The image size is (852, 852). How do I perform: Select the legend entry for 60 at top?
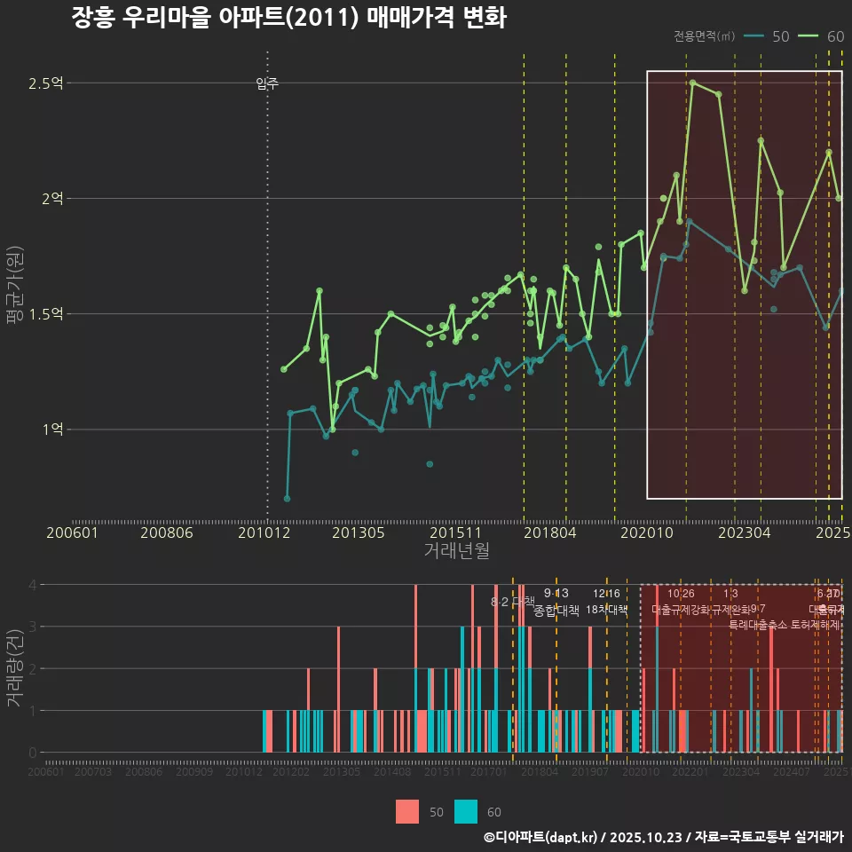[822, 36]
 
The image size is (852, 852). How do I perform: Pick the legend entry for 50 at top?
[767, 36]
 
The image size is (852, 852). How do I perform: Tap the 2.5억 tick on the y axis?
[46, 83]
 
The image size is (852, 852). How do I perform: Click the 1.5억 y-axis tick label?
[46, 314]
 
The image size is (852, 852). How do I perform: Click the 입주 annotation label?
[267, 83]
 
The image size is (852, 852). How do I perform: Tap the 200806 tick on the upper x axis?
[168, 533]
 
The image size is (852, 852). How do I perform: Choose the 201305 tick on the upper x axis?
[358, 533]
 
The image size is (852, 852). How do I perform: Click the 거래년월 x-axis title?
[456, 551]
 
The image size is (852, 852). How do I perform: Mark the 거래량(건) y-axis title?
[14, 668]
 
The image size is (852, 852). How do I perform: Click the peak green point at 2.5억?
[692, 83]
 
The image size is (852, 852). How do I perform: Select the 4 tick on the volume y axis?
[32, 585]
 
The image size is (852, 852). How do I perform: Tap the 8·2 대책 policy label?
[512, 602]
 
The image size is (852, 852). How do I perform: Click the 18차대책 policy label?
[607, 610]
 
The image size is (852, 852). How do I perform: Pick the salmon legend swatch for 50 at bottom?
[407, 811]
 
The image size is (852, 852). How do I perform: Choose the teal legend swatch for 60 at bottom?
[465, 811]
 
